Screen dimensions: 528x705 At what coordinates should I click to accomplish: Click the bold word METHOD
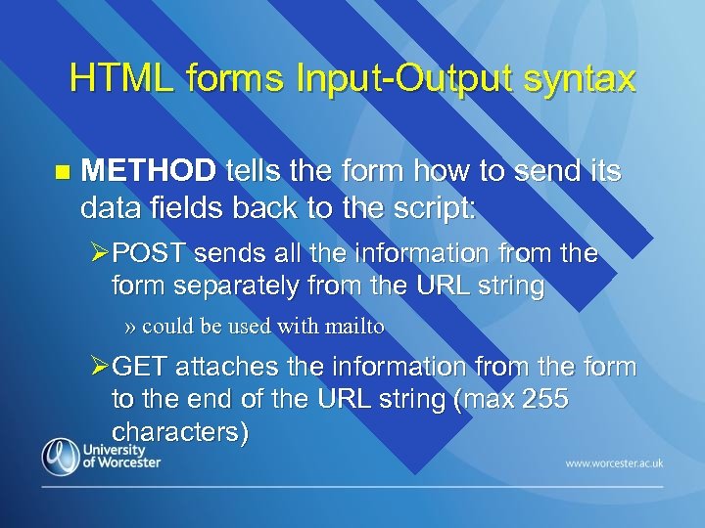[x=148, y=172]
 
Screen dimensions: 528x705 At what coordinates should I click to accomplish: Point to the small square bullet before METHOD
[x=64, y=173]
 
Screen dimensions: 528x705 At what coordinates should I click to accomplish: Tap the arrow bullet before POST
[x=99, y=254]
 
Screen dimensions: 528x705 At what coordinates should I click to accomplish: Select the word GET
[x=141, y=368]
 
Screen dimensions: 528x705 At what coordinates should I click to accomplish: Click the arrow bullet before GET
[x=99, y=368]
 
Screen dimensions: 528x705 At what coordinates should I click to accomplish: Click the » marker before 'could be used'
[x=131, y=327]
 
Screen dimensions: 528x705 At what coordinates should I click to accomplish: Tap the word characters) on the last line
[x=180, y=431]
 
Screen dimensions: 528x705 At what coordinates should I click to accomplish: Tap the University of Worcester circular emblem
[x=60, y=457]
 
